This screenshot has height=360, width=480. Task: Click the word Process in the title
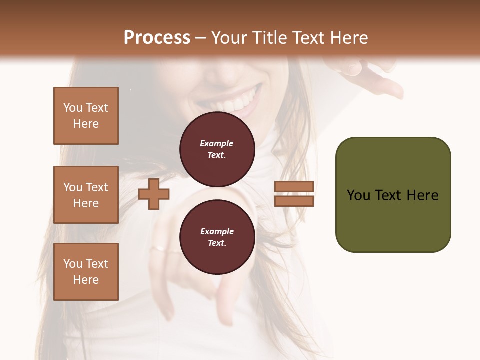[x=157, y=38]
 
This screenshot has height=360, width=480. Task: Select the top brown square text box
[x=86, y=116]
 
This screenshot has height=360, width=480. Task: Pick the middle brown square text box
[x=86, y=195]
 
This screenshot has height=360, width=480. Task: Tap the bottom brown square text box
[x=86, y=271]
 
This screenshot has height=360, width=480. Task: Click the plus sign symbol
[x=153, y=194]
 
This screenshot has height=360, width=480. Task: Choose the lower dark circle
[x=217, y=237]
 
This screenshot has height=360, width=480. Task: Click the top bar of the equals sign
[x=294, y=187]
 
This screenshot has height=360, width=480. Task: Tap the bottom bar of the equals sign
[x=294, y=201]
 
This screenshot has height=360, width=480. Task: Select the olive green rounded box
[x=393, y=194]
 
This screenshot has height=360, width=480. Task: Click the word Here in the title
[x=349, y=38]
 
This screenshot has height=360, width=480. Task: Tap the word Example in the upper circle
[x=217, y=143]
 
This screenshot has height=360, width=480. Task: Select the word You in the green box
[x=359, y=195]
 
